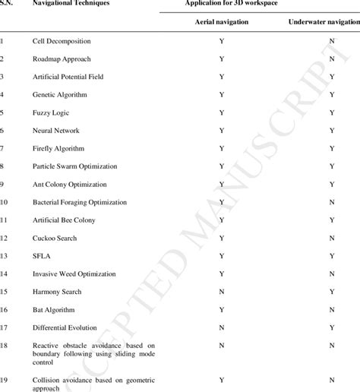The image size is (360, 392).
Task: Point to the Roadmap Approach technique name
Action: (62, 58)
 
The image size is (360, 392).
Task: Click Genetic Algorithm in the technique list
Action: (60, 94)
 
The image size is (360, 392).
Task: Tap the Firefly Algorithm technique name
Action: (58, 148)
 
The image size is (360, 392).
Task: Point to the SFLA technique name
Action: (43, 256)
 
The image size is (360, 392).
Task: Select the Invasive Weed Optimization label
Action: (74, 273)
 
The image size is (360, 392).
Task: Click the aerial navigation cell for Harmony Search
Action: (221, 292)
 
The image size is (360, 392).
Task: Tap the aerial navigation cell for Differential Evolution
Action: (221, 327)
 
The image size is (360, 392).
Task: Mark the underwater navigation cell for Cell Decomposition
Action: (332, 40)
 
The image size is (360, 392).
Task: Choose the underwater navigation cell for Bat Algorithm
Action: (332, 310)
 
